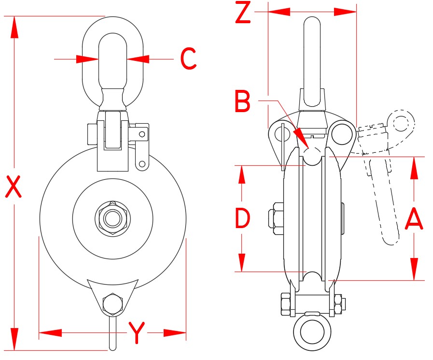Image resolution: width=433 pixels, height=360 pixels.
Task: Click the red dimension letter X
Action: coord(14,187)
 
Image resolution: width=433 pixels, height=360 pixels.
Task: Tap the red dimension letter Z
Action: coord(243,14)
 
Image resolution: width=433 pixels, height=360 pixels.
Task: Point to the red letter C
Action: coord(188,59)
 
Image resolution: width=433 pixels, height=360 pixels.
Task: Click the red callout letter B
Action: coord(243,101)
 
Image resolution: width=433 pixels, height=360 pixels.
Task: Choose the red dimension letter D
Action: coord(242,218)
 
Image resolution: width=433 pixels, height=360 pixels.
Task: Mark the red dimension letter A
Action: coord(414,218)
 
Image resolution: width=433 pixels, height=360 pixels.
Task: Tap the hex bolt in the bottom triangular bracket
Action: coord(112,304)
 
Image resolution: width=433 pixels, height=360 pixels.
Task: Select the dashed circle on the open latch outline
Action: coord(400,122)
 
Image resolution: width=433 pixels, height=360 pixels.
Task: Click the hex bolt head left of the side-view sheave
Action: coord(275,218)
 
